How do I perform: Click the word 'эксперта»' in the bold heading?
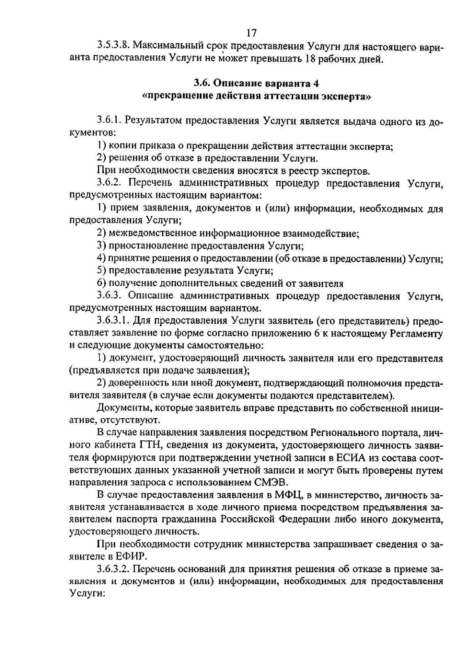point(348,96)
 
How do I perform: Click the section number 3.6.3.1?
point(114,321)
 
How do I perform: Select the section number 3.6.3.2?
point(114,569)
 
